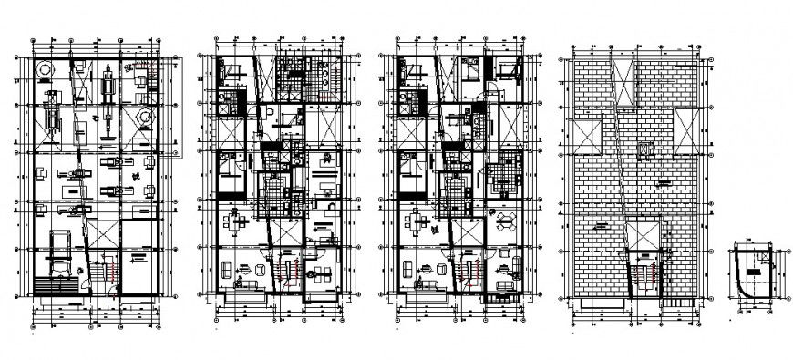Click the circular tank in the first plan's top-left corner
[43, 69]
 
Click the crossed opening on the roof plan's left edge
[584, 138]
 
